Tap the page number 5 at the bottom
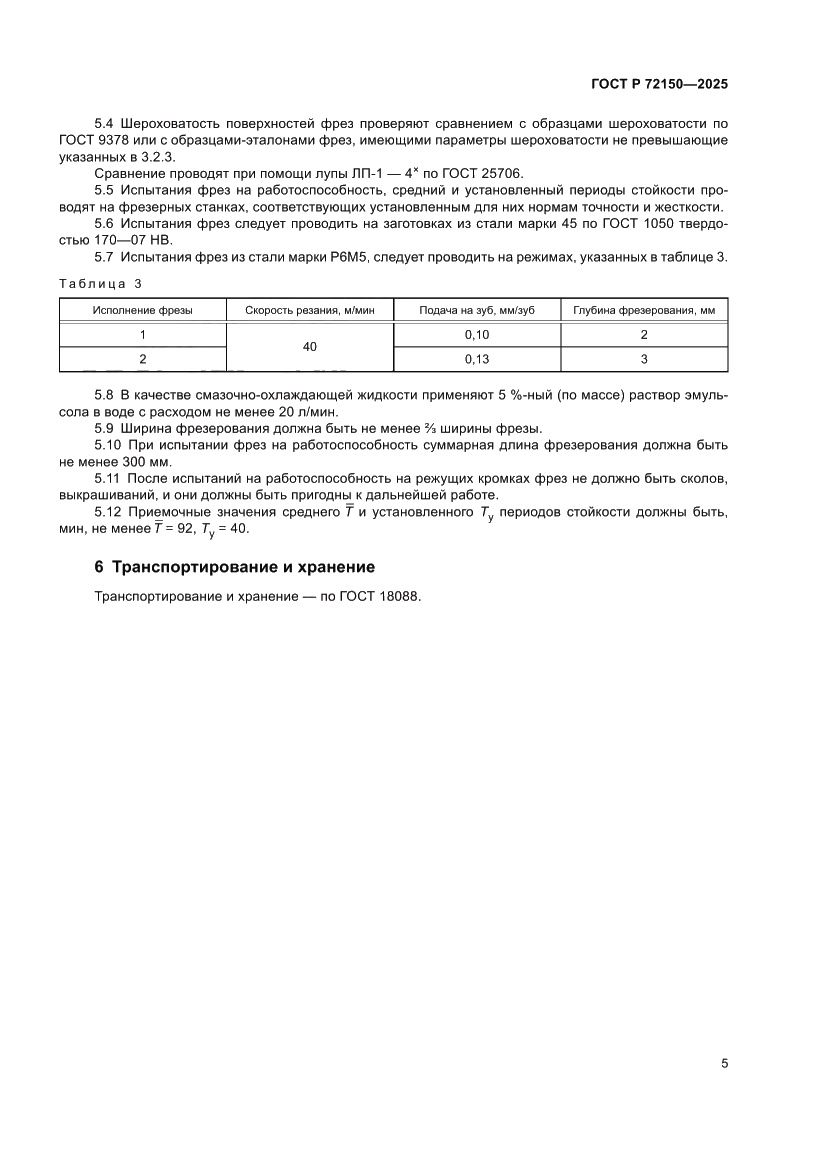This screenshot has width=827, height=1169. click(724, 1064)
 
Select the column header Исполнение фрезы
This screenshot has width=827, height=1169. click(143, 310)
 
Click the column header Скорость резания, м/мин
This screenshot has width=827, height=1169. click(310, 310)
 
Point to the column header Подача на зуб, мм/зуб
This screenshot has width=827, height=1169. click(477, 310)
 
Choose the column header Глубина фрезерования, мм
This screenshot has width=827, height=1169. click(644, 310)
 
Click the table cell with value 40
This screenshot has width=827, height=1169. click(310, 346)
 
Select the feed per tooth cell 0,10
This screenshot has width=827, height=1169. click(477, 334)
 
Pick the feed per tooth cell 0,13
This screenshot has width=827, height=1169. click(477, 358)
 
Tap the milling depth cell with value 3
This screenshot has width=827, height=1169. click(644, 358)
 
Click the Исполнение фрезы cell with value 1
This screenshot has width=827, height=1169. click(143, 334)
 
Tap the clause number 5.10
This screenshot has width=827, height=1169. click(108, 445)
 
